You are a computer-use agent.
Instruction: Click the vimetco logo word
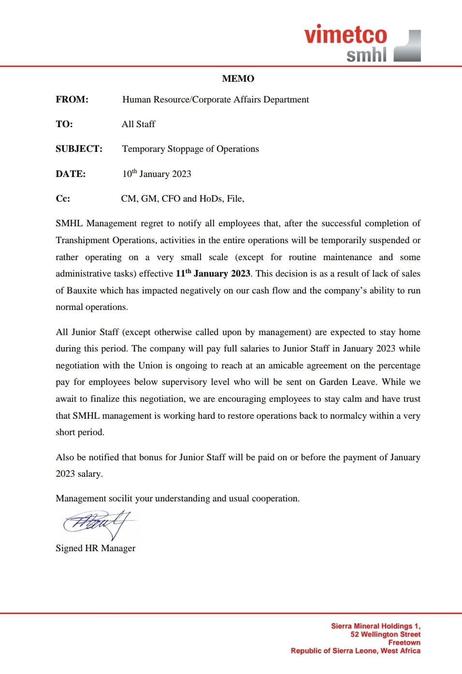click(345, 35)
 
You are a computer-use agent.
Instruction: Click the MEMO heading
click(238, 78)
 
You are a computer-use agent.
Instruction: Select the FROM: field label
click(72, 100)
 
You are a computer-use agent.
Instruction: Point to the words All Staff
click(138, 124)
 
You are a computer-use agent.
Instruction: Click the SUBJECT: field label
click(79, 149)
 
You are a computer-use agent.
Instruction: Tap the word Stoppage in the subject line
click(186, 149)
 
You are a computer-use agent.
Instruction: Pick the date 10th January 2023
click(157, 174)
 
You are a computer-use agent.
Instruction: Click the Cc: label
click(63, 198)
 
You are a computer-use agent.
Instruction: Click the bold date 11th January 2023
click(213, 273)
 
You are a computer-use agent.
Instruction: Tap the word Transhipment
click(83, 240)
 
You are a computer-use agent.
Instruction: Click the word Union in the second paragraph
click(150, 365)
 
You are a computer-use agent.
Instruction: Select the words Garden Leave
click(347, 381)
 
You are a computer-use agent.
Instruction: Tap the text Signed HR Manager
click(96, 548)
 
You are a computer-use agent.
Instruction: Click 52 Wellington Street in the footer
click(385, 634)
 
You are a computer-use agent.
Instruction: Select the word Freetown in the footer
click(404, 642)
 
